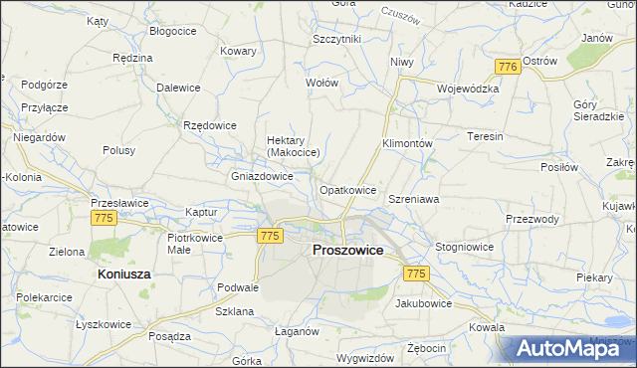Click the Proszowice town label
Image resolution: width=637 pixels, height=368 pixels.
click(x=347, y=251)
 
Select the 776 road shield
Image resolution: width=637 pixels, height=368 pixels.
click(x=507, y=66)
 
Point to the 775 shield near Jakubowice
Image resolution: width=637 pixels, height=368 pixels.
click(x=416, y=274)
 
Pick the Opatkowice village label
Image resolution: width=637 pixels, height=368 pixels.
click(x=347, y=190)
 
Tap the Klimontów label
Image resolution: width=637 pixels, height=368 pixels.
click(x=407, y=143)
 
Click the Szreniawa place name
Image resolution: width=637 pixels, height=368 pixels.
click(x=413, y=199)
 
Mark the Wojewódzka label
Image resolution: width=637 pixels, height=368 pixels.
click(x=467, y=88)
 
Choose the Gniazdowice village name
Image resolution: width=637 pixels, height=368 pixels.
click(x=262, y=176)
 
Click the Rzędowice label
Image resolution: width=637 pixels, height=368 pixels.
click(x=209, y=125)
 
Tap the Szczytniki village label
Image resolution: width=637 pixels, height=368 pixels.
click(x=336, y=39)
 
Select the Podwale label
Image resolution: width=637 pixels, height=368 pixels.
click(x=238, y=287)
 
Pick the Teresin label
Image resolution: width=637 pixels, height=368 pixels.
click(x=485, y=136)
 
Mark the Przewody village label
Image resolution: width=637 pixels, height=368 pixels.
click(x=532, y=220)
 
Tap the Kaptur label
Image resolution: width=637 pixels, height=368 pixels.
click(x=202, y=213)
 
